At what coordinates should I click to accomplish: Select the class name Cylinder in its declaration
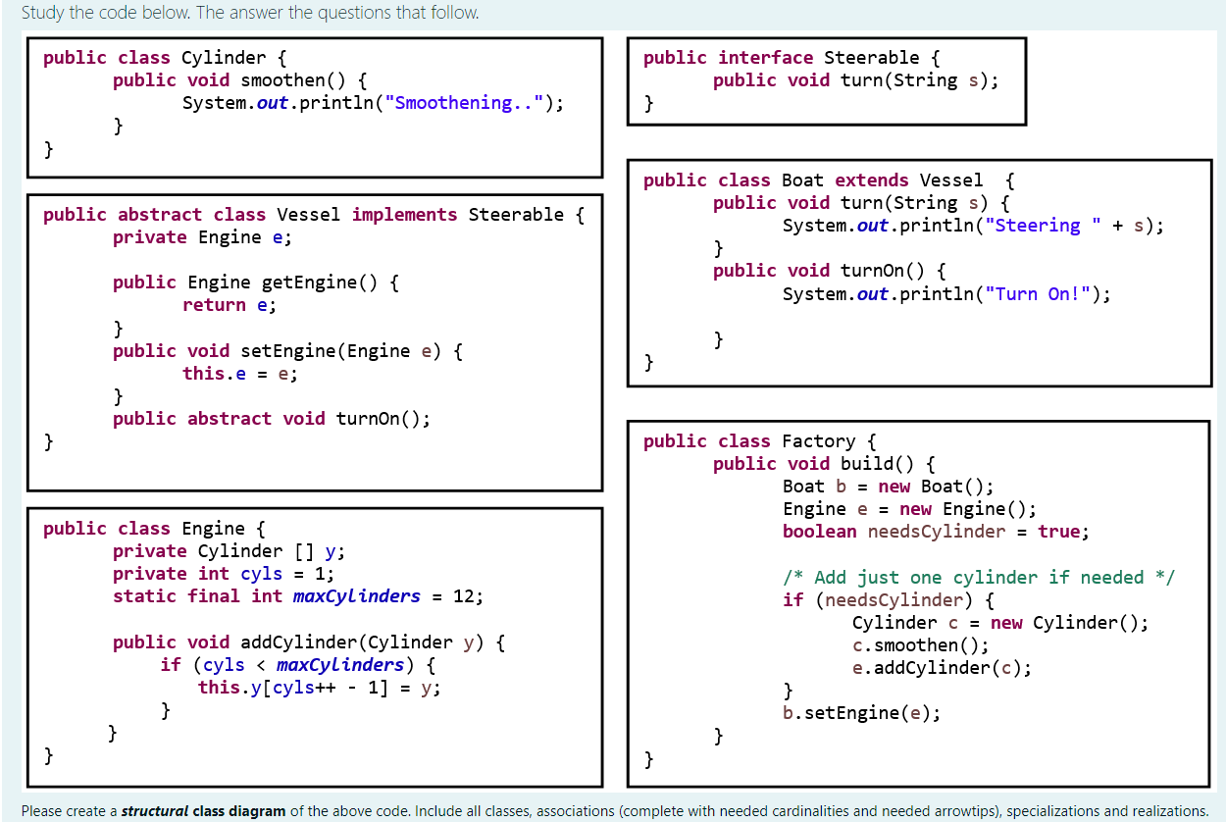pos(224,58)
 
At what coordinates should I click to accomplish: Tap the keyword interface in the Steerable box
pos(765,58)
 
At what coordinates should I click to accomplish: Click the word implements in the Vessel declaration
pos(404,215)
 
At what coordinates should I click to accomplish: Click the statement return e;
pos(230,305)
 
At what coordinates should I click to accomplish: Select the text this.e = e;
pos(240,373)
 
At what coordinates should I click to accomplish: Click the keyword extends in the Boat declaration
pos(872,180)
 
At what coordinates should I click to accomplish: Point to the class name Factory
pos(818,441)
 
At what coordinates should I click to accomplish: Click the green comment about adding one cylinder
pos(979,577)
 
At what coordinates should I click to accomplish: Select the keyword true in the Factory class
pos(1058,532)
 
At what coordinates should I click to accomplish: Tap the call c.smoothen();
pos(920,645)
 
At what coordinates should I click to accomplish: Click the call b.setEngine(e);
pos(861,713)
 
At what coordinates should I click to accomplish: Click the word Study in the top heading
pos(41,13)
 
